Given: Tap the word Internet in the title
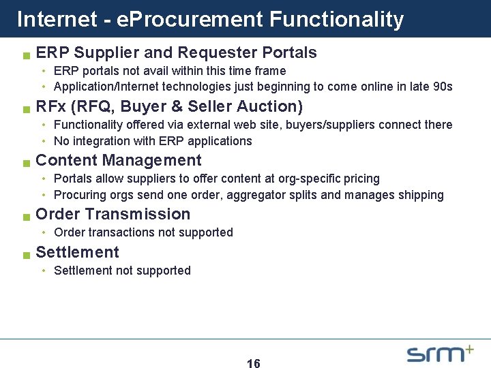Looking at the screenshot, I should pos(57,19).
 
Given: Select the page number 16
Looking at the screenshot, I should pos(253,364).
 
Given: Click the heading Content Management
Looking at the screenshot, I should pos(118,161).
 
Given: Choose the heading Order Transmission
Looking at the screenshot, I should pos(113,214).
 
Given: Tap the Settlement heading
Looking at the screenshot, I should pos(77,252).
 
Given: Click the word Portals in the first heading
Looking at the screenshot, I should pos(291,53).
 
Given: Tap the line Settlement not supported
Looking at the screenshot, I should pos(122,271).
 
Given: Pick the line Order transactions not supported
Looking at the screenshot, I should pos(143,232).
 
